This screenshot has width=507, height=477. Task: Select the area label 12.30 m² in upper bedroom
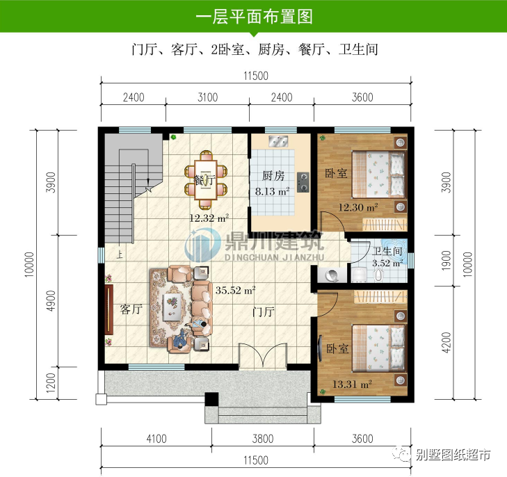pyautogui.click(x=358, y=207)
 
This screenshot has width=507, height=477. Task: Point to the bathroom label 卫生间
pyautogui.click(x=387, y=252)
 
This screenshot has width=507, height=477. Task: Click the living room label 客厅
pyautogui.click(x=131, y=309)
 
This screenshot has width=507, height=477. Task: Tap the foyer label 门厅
pyautogui.click(x=265, y=312)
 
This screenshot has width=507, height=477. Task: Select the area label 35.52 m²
pyautogui.click(x=236, y=291)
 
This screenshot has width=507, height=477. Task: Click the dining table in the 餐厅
pyautogui.click(x=205, y=179)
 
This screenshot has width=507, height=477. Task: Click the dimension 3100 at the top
pyautogui.click(x=207, y=97)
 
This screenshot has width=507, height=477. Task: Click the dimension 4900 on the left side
pyautogui.click(x=50, y=300)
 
